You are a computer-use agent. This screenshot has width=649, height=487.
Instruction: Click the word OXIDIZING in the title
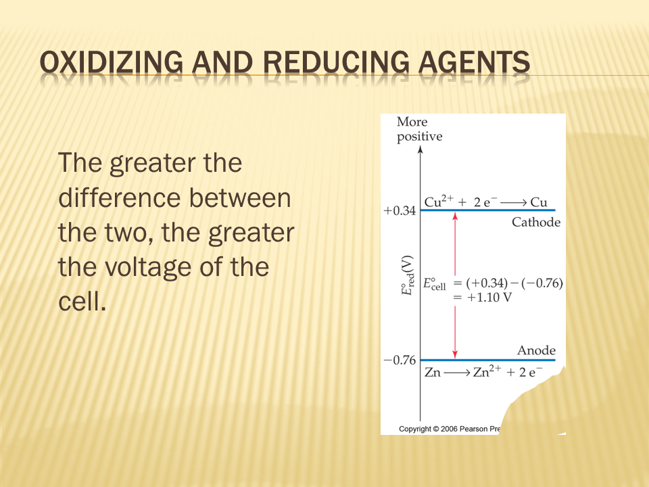pyautogui.click(x=112, y=62)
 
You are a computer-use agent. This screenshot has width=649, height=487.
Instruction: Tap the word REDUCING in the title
pyautogui.click(x=335, y=62)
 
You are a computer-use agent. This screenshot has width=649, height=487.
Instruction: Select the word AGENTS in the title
pyautogui.click(x=474, y=62)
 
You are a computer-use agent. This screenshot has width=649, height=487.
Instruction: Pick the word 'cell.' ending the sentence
pyautogui.click(x=82, y=302)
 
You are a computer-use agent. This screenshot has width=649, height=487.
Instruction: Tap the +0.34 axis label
pyautogui.click(x=400, y=211)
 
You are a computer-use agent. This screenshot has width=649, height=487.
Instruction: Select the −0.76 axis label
pyautogui.click(x=400, y=361)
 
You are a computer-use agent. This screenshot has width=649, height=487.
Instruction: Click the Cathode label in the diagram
pyautogui.click(x=536, y=223)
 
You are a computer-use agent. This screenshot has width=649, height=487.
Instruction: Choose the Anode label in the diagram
pyautogui.click(x=536, y=350)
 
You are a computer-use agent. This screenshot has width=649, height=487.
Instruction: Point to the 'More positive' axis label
pyautogui.click(x=419, y=129)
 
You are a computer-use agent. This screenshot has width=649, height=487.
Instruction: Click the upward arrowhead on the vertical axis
pyautogui.click(x=420, y=149)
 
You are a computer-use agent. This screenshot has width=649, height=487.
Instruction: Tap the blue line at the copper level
pyautogui.click(x=488, y=210)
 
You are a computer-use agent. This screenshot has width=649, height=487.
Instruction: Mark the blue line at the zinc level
pyautogui.click(x=488, y=360)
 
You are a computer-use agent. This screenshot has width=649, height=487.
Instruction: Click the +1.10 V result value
pyautogui.click(x=489, y=298)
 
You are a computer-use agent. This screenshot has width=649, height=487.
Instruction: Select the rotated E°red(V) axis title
pyautogui.click(x=407, y=275)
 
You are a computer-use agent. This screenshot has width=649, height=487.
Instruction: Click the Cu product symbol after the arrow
pyautogui.click(x=539, y=202)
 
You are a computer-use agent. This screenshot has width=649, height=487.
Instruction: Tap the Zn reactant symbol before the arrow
pyautogui.click(x=433, y=372)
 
